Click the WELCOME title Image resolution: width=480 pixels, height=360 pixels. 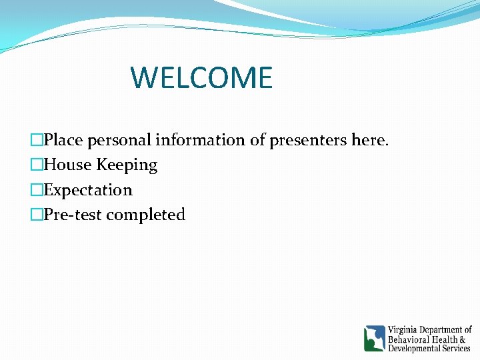(201, 77)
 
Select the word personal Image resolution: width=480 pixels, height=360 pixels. (119, 141)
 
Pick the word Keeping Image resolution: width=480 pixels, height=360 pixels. (127, 165)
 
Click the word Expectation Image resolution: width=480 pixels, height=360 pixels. (88, 190)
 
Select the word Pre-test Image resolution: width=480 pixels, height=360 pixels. (73, 215)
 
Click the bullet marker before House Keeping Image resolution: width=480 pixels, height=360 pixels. (37, 165)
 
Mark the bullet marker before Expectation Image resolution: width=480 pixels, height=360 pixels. (37, 190)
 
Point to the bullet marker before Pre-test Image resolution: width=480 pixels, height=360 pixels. (37, 215)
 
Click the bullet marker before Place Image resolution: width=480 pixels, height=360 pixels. (37, 140)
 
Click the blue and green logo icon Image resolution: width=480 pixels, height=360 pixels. (374, 339)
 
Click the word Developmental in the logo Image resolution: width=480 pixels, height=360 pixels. (417, 349)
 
